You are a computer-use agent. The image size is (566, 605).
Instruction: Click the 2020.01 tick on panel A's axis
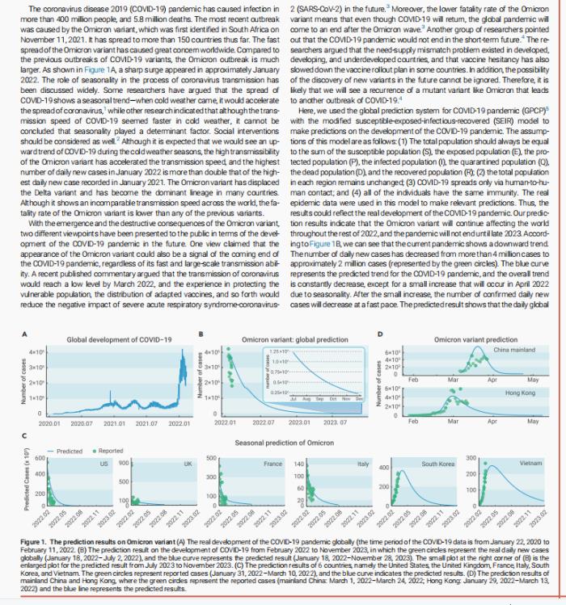[x=49, y=423]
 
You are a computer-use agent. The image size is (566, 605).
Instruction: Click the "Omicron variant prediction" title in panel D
[x=475, y=339]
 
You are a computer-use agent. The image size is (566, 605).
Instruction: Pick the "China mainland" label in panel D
[x=513, y=349]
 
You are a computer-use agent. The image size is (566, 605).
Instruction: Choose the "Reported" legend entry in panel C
[x=112, y=452]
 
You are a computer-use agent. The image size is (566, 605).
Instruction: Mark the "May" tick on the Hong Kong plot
[x=531, y=422]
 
